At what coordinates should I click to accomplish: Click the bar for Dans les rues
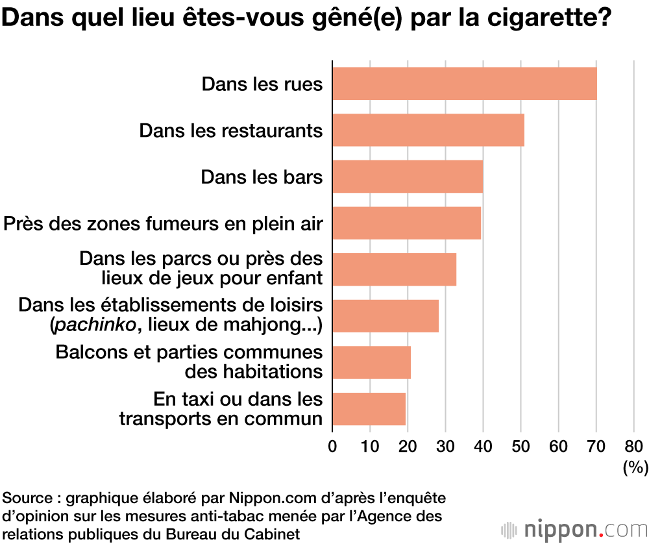(464, 83)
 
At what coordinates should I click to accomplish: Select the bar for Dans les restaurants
(428, 130)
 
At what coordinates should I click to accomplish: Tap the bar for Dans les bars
(408, 177)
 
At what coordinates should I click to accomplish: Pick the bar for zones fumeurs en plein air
(407, 223)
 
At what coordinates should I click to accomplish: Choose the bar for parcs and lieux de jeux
(395, 269)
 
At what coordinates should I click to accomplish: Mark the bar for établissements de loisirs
(386, 315)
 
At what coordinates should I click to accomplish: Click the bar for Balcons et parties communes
(371, 362)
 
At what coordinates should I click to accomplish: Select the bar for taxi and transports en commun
(369, 408)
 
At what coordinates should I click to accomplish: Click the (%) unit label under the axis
(635, 466)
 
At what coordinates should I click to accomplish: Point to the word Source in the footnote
(25, 499)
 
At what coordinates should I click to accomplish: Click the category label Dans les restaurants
(230, 130)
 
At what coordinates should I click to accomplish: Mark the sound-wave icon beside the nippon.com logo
(510, 528)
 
